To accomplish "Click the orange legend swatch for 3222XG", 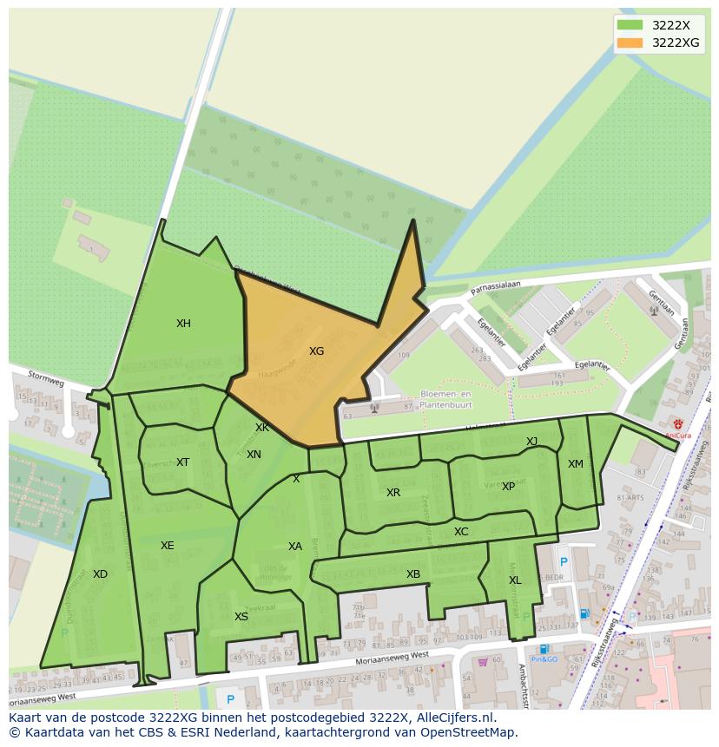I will (x=630, y=43).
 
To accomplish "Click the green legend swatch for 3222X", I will (x=630, y=25).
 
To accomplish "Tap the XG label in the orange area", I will (x=316, y=351).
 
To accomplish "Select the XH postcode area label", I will (x=183, y=324).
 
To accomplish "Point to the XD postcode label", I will (x=100, y=574).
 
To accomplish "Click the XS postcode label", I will (x=241, y=617).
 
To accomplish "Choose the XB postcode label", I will (x=413, y=574).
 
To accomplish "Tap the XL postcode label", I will (x=515, y=580).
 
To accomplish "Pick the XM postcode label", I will (x=576, y=464).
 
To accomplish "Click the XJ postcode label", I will (x=531, y=442).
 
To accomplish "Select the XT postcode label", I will (x=182, y=462).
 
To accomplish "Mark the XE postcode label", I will (x=167, y=546).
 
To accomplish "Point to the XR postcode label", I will (x=393, y=493).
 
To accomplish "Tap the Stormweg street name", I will (x=46, y=378).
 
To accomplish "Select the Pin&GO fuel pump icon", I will (x=544, y=648).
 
